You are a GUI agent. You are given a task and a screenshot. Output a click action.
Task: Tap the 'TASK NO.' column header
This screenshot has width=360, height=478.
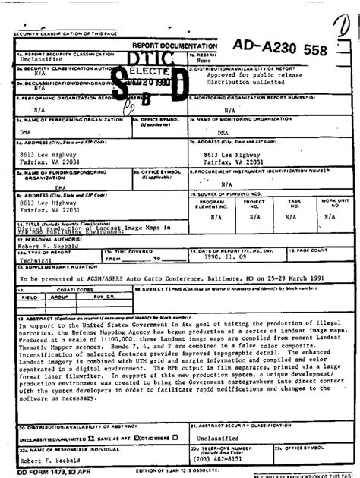(x=295, y=203)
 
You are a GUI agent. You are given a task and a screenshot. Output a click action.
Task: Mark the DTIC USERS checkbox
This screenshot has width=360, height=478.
(x=174, y=438)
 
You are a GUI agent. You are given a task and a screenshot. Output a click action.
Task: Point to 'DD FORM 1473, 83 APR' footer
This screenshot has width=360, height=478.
(x=43, y=473)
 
